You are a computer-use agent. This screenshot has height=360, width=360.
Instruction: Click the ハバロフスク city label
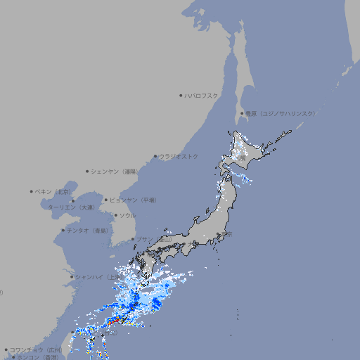coord(202,96)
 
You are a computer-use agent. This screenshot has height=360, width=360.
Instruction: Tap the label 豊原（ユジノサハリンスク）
coord(280,113)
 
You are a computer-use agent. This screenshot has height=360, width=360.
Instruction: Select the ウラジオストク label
coord(179,156)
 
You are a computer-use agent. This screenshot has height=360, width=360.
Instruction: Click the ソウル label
coord(127,215)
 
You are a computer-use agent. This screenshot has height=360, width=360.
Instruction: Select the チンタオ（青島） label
coord(87,230)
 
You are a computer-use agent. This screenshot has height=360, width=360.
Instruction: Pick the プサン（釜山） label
coord(153,239)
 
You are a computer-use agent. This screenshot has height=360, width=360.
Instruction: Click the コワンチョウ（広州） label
coord(35,349)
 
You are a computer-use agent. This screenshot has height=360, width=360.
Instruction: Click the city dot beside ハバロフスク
coord(181,96)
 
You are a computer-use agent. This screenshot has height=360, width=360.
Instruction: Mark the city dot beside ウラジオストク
coord(155,156)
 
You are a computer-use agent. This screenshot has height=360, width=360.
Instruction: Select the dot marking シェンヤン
coord(87,171)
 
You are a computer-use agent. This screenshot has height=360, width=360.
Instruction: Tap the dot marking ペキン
coord(32,191)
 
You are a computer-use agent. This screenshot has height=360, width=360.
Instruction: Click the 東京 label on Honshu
coord(227,234)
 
